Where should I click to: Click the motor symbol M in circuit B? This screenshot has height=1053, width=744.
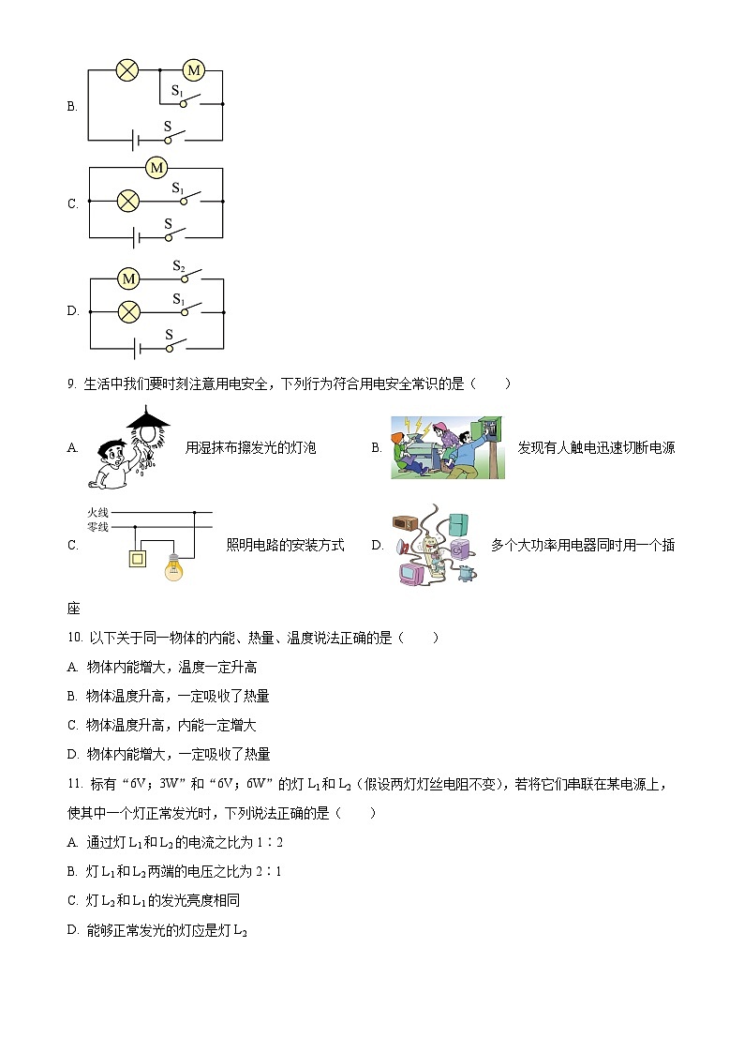pos(193,69)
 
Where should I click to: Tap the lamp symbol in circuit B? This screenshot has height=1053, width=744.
pos(126,69)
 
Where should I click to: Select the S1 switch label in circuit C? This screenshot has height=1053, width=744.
pos(176,188)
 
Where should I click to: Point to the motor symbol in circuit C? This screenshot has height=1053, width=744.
pos(156,168)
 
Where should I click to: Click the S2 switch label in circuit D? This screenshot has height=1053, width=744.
pos(178,266)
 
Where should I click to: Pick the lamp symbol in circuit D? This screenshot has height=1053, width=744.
pos(126,310)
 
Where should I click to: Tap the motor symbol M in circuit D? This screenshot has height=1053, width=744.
pos(128,278)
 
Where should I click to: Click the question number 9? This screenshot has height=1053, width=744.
pos(72,384)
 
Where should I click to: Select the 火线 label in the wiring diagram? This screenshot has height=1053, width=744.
pos(98,512)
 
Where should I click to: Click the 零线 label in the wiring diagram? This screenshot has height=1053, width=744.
pos(98,527)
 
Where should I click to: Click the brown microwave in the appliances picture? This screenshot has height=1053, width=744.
pos(405,524)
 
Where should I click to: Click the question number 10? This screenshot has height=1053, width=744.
pos(75,638)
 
